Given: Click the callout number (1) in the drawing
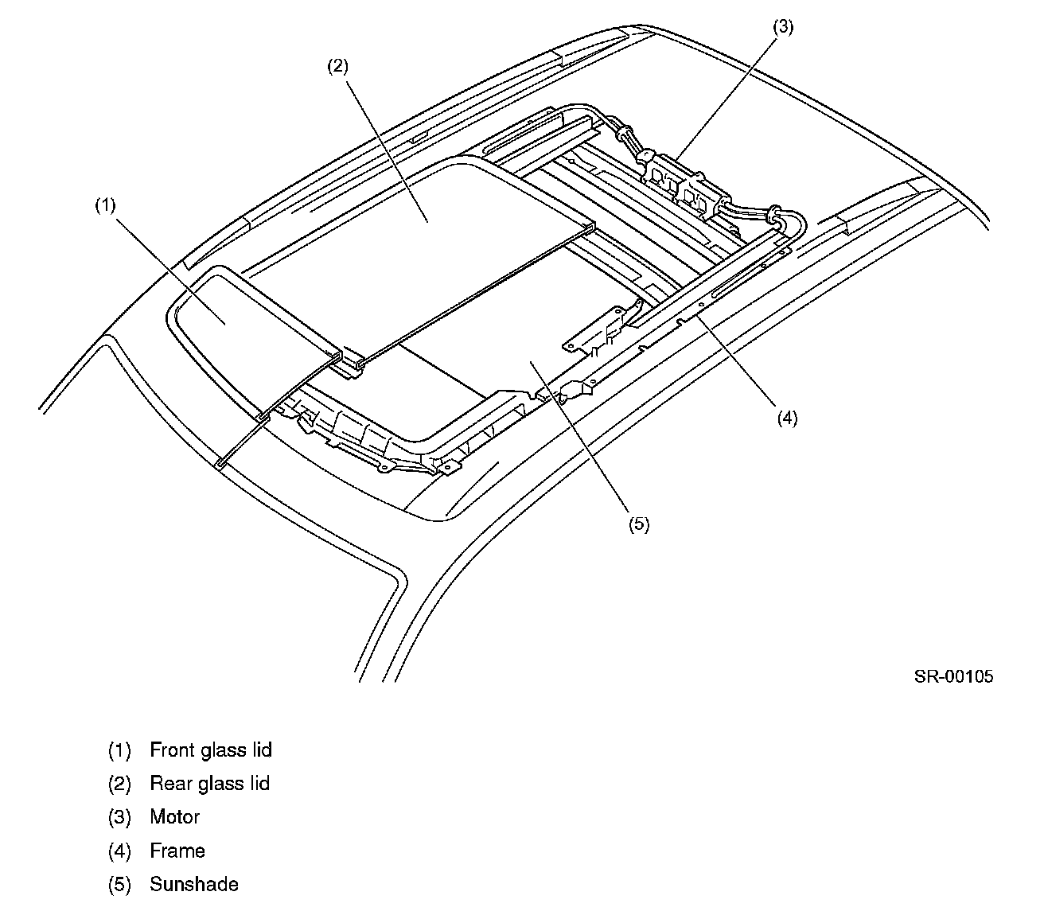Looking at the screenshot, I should [105, 205].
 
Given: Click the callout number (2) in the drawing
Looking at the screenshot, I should [337, 67].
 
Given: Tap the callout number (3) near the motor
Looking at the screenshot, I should [783, 27].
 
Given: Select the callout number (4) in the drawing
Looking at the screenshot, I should [786, 419].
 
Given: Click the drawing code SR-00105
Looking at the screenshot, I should [953, 677].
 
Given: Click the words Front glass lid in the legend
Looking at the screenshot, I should [211, 750].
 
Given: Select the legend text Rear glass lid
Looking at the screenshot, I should [209, 784].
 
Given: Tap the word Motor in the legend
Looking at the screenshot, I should [174, 817].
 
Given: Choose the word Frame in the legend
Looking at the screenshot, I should [177, 851].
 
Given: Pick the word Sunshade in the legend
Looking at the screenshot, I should [193, 885].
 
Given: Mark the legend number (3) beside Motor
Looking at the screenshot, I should [119, 817].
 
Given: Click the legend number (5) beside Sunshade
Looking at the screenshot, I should [119, 885].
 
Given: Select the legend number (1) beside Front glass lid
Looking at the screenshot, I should [119, 750].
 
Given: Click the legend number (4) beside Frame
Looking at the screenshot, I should [119, 851].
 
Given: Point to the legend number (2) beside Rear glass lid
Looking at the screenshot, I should [119, 784].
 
